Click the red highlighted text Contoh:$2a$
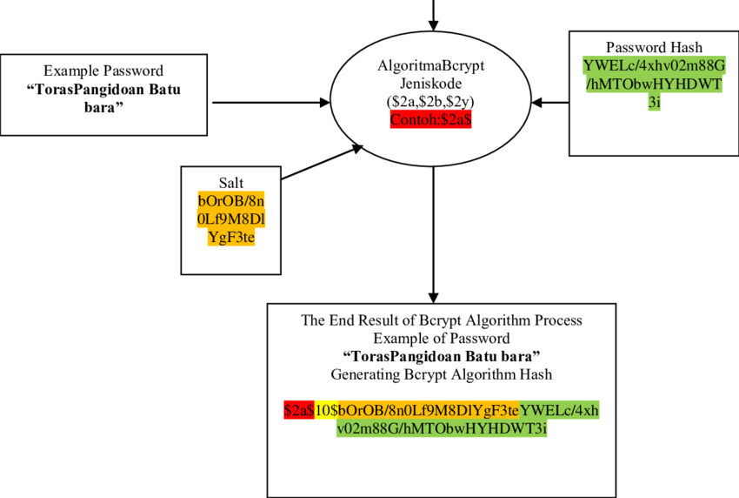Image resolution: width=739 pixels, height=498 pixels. click(431, 119)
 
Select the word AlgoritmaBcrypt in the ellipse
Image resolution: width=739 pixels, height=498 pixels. click(432, 65)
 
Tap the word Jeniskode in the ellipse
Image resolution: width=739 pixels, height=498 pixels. click(432, 84)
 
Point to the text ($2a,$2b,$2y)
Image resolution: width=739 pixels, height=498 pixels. click(432, 101)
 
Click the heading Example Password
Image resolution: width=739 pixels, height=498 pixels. click(103, 71)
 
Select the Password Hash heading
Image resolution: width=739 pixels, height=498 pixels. click(653, 47)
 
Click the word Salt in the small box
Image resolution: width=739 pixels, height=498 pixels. click(231, 181)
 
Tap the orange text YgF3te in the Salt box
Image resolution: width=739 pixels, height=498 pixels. click(231, 236)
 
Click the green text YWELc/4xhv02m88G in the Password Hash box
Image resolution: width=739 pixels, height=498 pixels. click(653, 65)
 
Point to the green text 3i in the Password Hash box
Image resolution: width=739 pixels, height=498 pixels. click(653, 102)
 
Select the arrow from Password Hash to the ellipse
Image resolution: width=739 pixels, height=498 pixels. click(549, 102)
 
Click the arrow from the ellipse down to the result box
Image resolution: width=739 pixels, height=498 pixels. click(432, 235)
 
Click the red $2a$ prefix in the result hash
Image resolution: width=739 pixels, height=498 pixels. click(298, 410)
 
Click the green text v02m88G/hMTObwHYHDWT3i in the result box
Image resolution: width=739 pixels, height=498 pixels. click(442, 428)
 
